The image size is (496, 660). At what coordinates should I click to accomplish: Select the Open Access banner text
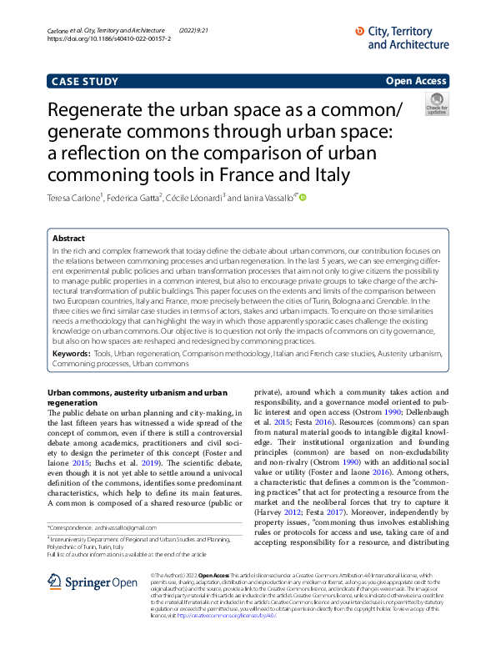tap(416, 81)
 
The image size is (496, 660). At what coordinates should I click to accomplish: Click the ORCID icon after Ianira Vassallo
tap(303, 198)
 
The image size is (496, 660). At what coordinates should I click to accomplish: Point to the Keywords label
tap(71, 354)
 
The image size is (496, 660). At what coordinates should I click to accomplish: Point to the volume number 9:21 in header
tap(203, 30)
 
